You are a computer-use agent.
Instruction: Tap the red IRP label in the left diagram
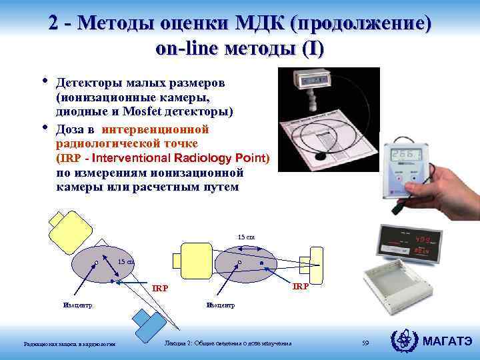coord(160,289)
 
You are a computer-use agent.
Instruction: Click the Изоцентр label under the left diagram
coord(77,305)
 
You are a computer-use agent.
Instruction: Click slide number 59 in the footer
coord(365,343)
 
